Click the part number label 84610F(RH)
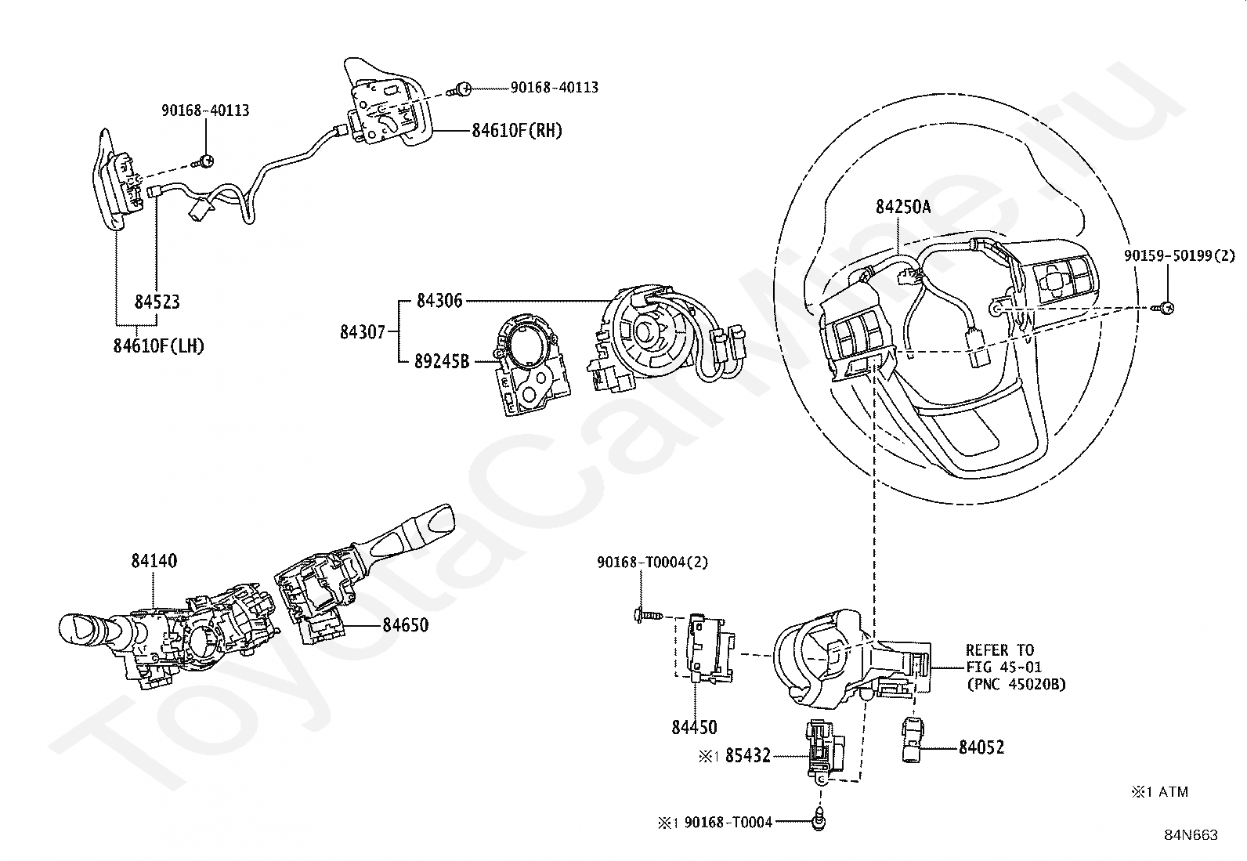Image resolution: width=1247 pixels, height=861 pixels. pos(517,130)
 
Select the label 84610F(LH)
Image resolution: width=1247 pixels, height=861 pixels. pos(159,345)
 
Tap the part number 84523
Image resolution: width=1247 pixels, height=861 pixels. pos(157,302)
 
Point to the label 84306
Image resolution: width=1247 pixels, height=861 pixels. pos(439,301)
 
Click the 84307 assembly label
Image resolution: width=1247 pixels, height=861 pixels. pos(363,332)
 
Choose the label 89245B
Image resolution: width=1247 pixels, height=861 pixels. pos(442,361)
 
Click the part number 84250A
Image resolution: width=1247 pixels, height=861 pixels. pos(903,207)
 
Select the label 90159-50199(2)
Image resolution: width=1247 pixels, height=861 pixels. pos(1179,255)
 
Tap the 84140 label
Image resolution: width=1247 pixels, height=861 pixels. pos(154,560)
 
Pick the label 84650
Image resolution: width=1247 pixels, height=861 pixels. pos(405,625)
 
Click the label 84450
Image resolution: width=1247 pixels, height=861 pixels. pos(694,727)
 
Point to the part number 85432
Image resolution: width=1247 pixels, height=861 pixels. pos(747,755)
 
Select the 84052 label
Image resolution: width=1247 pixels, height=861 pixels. pos(981,747)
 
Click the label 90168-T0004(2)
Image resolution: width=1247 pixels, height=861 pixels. pos(652,562)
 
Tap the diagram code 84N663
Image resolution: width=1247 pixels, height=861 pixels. pos(1191,835)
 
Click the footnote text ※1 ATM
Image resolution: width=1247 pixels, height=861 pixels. pos(1159,791)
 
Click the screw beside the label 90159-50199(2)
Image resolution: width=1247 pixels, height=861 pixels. pos(1163,307)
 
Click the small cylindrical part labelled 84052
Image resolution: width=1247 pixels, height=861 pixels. pos(912,739)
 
